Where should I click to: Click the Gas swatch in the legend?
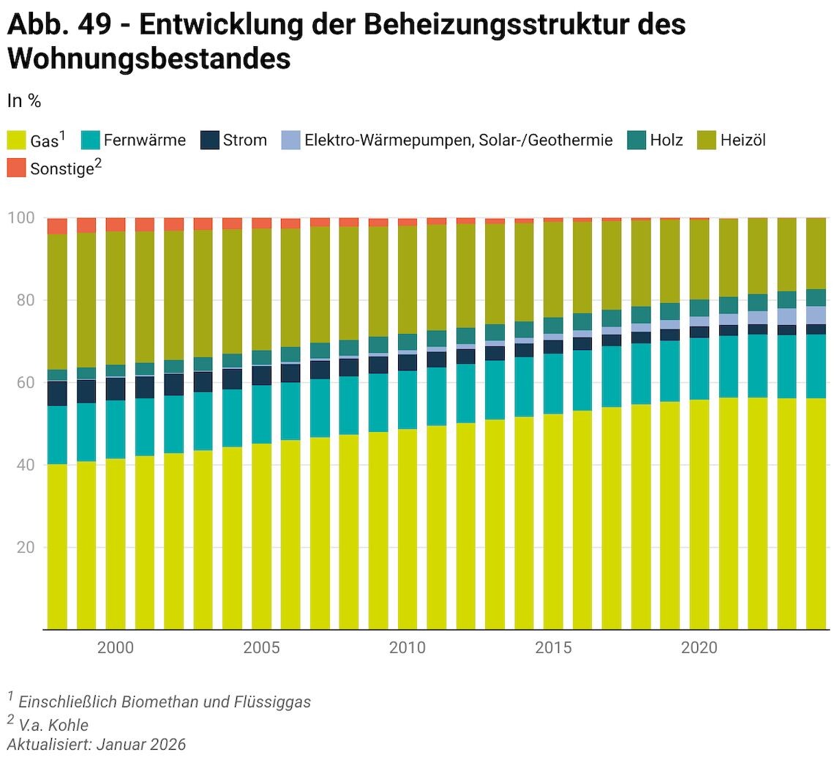pos(16,140)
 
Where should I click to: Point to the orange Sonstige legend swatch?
pos(16,168)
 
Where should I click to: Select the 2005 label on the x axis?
pos(261,648)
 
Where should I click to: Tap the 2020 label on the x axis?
pos(699,648)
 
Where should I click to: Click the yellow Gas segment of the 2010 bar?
pos(408,527)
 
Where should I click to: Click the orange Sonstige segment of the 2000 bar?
pos(116,224)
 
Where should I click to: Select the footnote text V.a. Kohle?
pos(53,725)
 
